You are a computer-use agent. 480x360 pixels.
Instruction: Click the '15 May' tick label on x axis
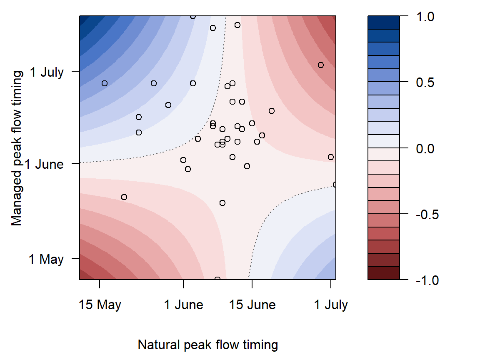(x=100, y=305)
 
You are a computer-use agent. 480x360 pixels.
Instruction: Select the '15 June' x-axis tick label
(x=252, y=305)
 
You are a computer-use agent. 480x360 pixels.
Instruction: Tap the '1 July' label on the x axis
(x=331, y=305)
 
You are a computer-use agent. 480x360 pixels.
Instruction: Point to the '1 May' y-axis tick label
(x=46, y=259)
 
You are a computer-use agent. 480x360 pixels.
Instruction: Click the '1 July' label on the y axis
(x=46, y=72)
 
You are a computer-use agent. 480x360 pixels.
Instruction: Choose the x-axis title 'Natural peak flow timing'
(x=207, y=345)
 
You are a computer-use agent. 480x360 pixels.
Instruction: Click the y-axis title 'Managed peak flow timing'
(x=17, y=148)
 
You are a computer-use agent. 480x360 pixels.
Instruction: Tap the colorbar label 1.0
(x=425, y=17)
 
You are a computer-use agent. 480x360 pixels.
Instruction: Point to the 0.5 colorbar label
(x=425, y=82)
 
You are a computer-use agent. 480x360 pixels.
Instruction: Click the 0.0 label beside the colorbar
(x=425, y=148)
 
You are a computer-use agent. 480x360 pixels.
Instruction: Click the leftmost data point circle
(x=105, y=83)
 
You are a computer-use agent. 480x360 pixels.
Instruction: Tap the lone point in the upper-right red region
(x=321, y=65)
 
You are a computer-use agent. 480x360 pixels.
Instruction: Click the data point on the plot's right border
(x=335, y=185)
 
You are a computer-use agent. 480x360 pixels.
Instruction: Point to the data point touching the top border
(x=192, y=16)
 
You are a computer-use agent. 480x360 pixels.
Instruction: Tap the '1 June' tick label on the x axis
(x=183, y=305)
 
